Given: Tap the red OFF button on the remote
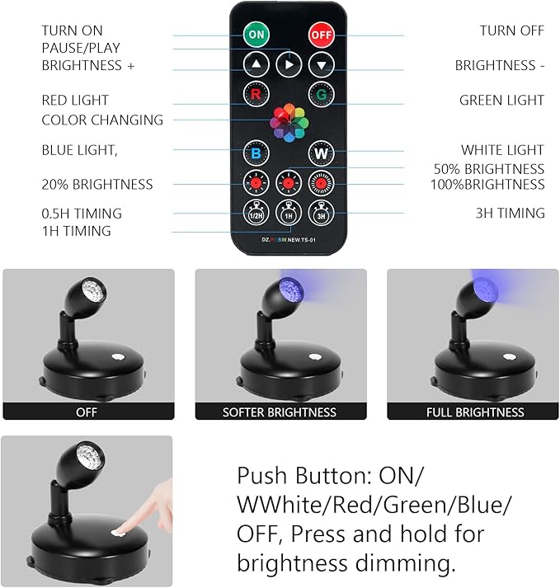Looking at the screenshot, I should coord(320,35).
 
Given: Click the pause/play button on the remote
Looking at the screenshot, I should coord(288,64).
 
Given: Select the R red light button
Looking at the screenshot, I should coord(256,93).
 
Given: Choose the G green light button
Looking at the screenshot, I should coord(320,93).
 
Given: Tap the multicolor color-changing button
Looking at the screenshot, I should coord(288,120).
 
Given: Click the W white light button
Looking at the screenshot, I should coord(320,153).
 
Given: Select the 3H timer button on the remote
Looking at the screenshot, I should coord(320,213).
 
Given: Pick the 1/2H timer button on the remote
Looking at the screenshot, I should coord(256,213).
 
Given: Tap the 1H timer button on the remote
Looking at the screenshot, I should coord(288,213).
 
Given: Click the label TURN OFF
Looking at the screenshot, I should coord(511,31).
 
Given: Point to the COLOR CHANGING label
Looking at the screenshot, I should coord(102,120).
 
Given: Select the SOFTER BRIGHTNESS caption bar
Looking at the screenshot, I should coord(280,412).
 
